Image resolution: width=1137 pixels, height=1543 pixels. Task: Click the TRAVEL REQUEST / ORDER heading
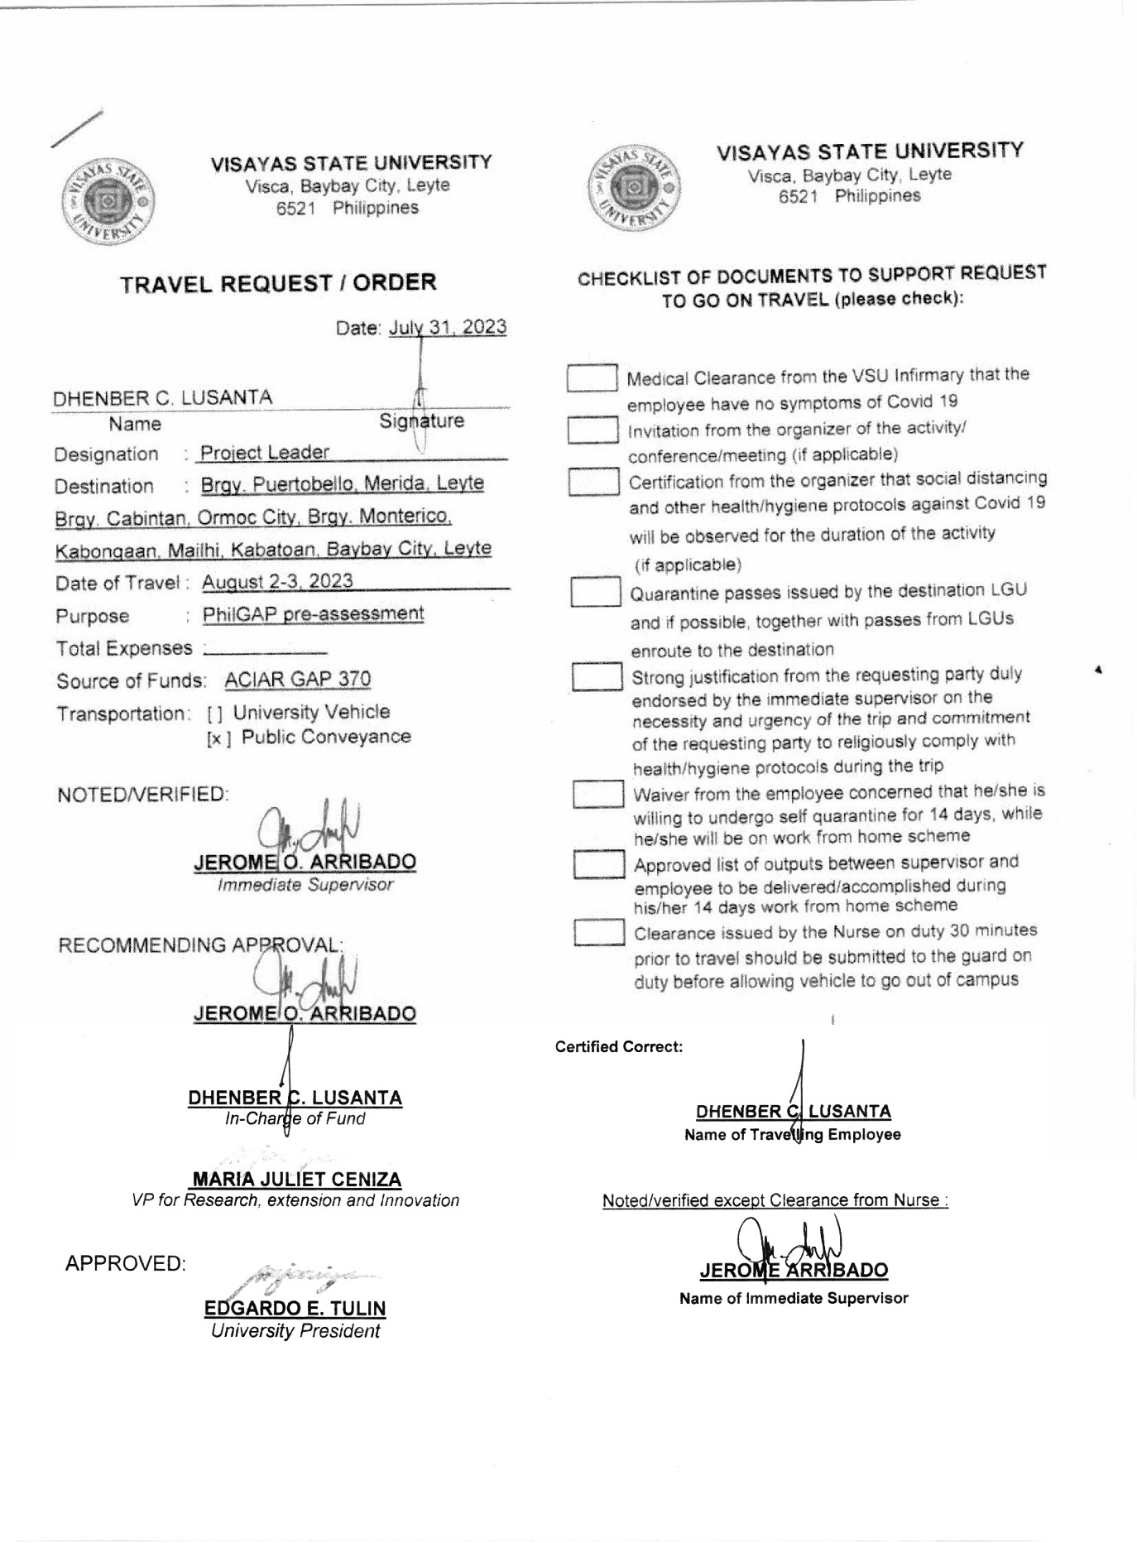point(278,283)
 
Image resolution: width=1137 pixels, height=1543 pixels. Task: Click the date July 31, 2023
point(448,327)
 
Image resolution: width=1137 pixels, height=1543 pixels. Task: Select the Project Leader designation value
point(265,452)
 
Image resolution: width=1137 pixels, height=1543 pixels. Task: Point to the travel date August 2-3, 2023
point(277,581)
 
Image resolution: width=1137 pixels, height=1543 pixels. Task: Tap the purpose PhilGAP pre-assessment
point(313,614)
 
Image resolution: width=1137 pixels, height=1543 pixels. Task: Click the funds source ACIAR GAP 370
point(298,680)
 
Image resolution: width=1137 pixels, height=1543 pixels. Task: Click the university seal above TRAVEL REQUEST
point(108,199)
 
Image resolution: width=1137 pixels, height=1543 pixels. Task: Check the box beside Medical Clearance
point(592,378)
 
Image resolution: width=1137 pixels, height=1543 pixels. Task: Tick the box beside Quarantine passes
point(596,592)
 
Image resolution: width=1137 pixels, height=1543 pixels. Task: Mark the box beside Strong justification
point(597,677)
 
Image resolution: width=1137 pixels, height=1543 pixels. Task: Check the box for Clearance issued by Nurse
point(599,933)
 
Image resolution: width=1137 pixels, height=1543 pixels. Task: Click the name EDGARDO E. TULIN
point(295,1309)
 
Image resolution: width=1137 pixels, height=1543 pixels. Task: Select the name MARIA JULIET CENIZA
point(296,1179)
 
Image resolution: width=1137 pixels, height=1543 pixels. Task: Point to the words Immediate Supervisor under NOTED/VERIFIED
point(305,885)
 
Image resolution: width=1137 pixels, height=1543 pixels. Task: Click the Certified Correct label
point(619,1047)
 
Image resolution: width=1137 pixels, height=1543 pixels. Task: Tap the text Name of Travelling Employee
point(792,1135)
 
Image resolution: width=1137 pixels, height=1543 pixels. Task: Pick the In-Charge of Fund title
point(295,1119)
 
